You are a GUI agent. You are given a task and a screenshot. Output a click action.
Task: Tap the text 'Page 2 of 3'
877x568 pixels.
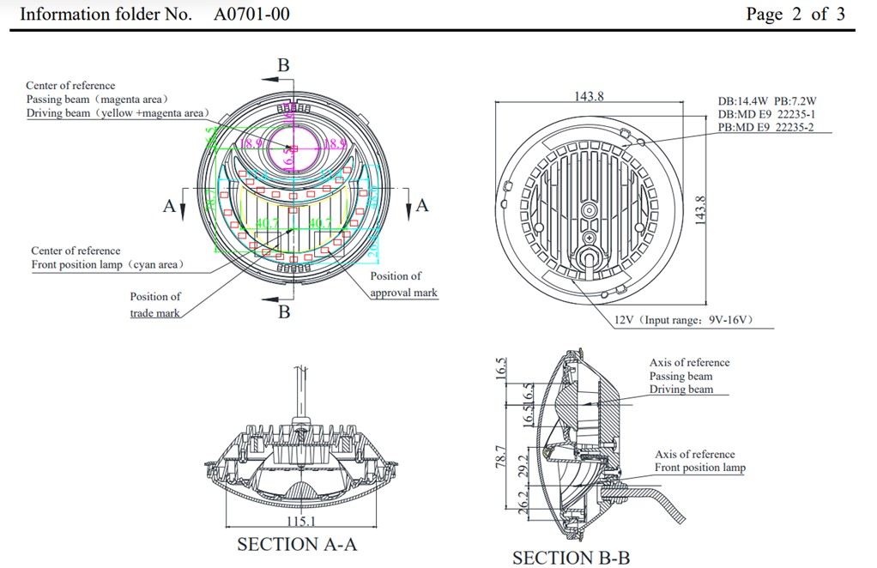795,14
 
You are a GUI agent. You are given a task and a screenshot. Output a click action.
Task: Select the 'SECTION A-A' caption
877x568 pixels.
297,544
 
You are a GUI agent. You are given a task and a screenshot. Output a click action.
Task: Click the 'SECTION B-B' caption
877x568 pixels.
571,558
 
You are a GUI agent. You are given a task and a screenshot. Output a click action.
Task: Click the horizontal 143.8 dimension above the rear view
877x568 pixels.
589,96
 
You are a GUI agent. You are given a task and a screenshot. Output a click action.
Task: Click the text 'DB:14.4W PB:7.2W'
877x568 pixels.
766,101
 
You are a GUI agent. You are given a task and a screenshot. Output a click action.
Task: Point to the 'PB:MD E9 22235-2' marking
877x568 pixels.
766,128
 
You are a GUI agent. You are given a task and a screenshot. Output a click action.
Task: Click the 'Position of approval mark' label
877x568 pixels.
402,284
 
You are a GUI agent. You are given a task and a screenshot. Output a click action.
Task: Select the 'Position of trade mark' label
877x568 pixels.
155,305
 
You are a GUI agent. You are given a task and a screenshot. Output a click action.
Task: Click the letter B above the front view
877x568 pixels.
283,65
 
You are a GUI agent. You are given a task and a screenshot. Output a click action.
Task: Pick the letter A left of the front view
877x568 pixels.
170,205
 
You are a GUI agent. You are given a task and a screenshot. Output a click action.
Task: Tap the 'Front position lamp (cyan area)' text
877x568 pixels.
107,264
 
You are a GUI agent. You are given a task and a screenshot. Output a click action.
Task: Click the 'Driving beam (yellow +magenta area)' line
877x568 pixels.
116,113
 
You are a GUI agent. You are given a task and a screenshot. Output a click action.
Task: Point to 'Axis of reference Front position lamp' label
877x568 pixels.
699,461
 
